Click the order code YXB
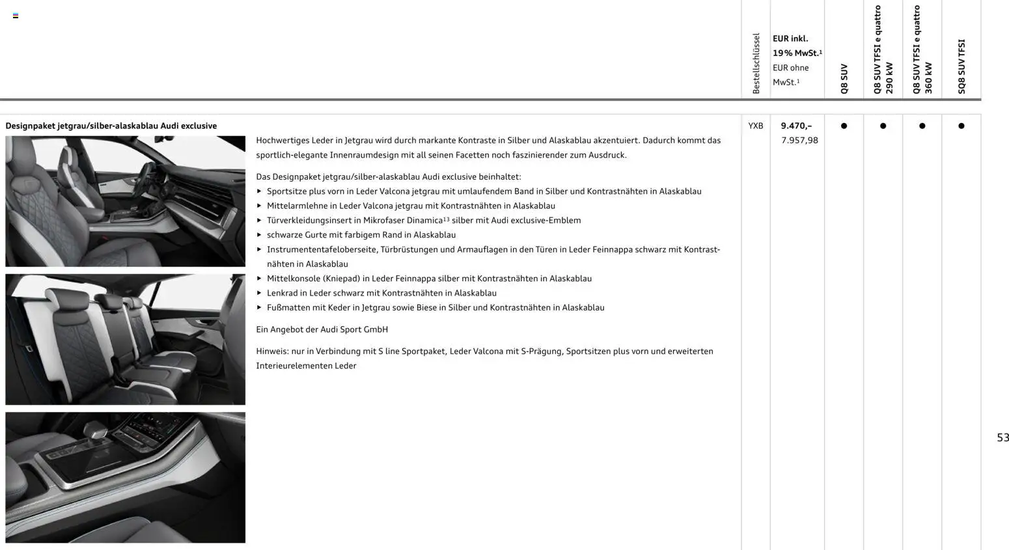tap(755, 126)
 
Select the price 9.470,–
tap(796, 126)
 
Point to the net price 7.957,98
tap(799, 140)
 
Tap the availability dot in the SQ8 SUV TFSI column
tap(961, 126)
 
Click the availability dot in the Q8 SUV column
tap(844, 126)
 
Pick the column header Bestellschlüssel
tap(756, 63)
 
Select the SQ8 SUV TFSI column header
tap(961, 66)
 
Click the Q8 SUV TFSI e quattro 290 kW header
tap(883, 50)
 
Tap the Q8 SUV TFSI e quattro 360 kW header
tap(922, 50)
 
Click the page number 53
tap(1002, 437)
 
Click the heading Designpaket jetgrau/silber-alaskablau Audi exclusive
tap(111, 126)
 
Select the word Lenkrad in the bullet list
tap(282, 293)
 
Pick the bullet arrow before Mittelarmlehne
tap(259, 206)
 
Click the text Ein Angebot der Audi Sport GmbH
tap(322, 329)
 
